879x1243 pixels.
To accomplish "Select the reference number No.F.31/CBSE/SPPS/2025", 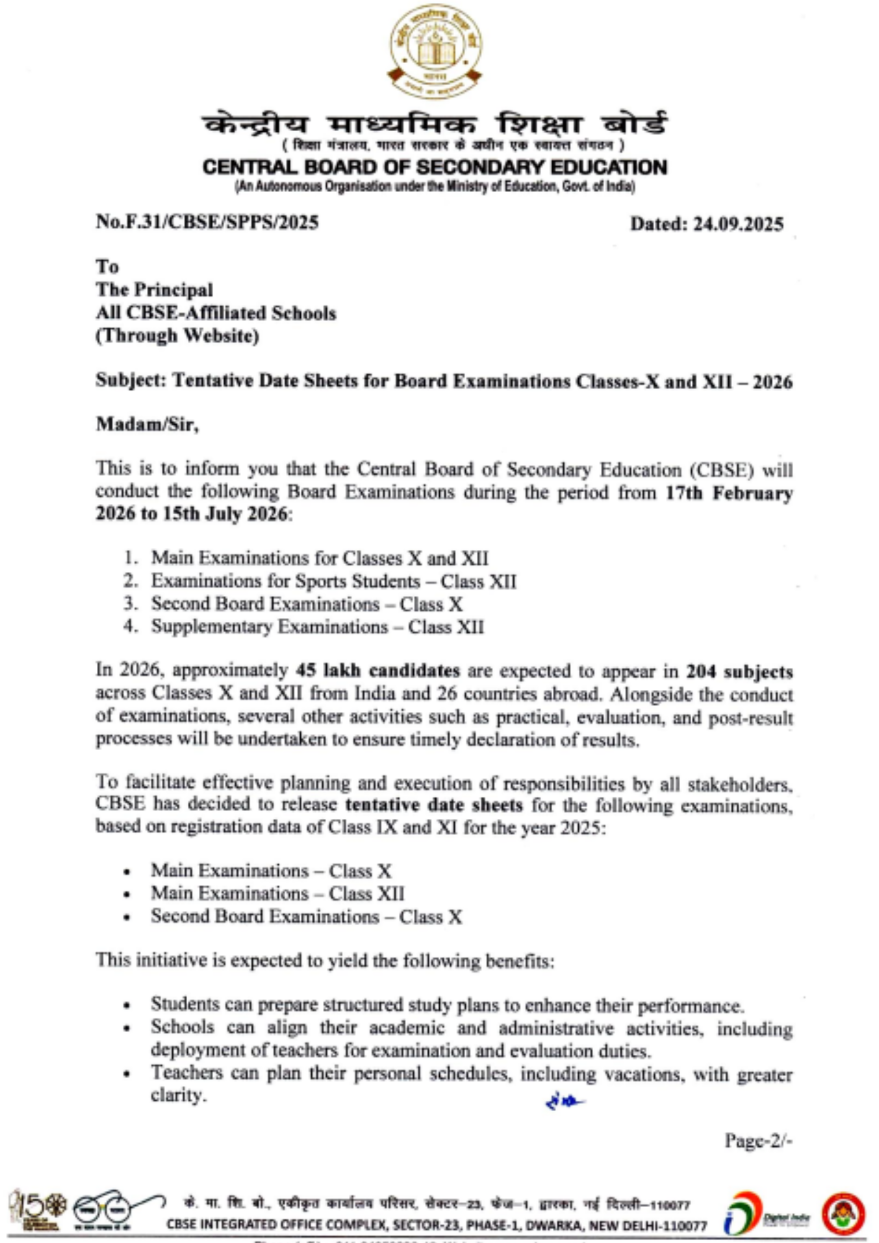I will coord(207,223).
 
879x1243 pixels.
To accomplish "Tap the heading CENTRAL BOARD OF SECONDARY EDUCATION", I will coord(435,167).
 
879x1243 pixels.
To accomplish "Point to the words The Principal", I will coord(155,290).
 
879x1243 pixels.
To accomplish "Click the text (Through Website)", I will coord(177,336).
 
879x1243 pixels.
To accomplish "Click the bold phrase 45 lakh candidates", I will coord(378,671).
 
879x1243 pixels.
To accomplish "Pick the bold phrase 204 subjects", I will coord(739,672).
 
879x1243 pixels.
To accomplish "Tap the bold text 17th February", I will coord(729,492).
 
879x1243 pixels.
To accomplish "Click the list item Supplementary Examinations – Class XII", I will coord(317,627).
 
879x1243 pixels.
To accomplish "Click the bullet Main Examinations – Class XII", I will coord(277,894).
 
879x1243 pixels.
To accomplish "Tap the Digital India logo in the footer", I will coord(767,1213).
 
